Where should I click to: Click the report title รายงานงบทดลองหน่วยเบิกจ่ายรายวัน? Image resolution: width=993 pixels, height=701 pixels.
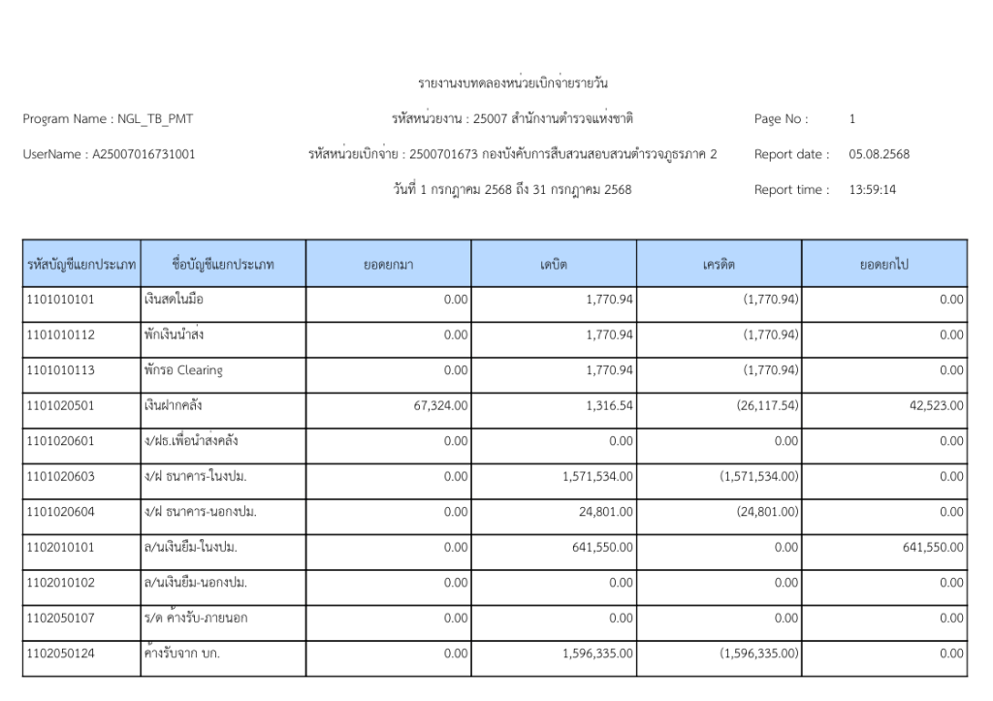[x=513, y=83]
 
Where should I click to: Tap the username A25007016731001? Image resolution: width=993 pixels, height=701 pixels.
[x=144, y=154]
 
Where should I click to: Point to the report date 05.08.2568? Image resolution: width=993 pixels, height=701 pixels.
[x=879, y=154]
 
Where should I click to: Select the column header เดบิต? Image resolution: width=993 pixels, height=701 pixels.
[x=554, y=264]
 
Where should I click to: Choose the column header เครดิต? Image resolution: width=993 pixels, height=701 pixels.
[x=719, y=264]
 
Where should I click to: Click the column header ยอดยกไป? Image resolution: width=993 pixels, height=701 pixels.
[x=883, y=264]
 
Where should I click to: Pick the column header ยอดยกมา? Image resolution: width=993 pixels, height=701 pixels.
[x=388, y=264]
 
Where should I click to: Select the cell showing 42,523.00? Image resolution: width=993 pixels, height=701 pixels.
[x=936, y=406]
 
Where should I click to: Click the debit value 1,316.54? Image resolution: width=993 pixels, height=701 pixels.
[x=609, y=406]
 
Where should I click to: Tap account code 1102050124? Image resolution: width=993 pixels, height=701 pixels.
[x=60, y=653]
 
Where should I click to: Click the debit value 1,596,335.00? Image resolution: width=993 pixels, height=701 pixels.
[x=597, y=653]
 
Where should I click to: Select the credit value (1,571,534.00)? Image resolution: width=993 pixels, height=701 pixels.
[x=759, y=477]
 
